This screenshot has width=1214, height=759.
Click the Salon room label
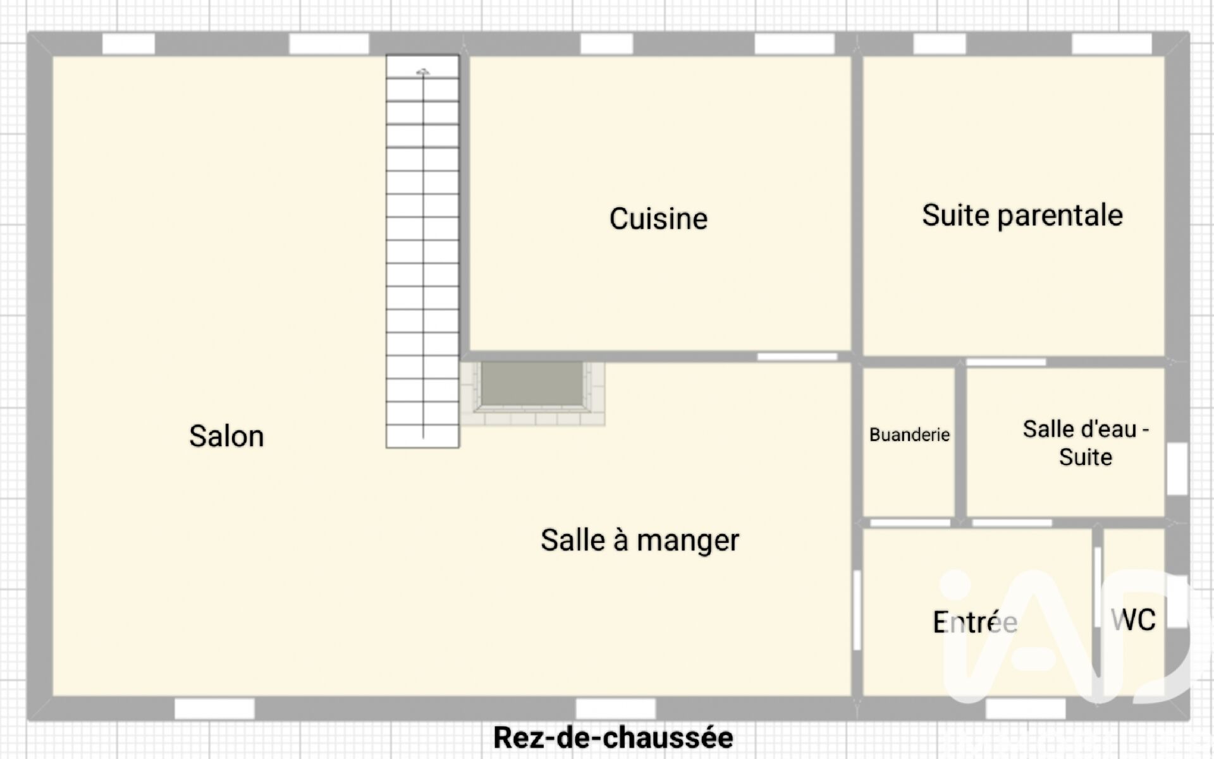(x=226, y=436)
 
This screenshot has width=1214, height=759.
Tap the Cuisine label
(x=658, y=219)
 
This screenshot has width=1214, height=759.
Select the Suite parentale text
(x=1022, y=215)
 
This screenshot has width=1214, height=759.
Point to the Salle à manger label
(x=640, y=540)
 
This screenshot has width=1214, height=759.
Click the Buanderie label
(x=909, y=434)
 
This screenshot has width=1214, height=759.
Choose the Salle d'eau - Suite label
(x=1086, y=442)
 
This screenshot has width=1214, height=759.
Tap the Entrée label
(x=975, y=622)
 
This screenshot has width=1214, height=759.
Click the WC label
(x=1133, y=619)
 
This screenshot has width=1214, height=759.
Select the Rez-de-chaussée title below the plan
(x=613, y=737)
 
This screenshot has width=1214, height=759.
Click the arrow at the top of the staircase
(x=423, y=72)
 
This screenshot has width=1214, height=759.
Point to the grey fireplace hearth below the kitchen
(x=532, y=384)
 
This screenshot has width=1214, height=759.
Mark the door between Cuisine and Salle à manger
(x=797, y=357)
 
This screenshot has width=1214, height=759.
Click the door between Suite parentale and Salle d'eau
(x=1006, y=362)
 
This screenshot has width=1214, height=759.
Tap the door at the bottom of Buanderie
(x=910, y=523)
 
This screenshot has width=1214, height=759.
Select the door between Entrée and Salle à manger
(x=857, y=610)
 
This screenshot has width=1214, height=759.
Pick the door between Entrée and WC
(x=1098, y=587)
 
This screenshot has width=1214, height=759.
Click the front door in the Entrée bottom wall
(x=1026, y=708)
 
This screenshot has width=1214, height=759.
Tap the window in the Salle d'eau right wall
(x=1177, y=469)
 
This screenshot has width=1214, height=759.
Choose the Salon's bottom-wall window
(x=214, y=708)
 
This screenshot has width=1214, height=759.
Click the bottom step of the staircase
(x=422, y=436)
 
